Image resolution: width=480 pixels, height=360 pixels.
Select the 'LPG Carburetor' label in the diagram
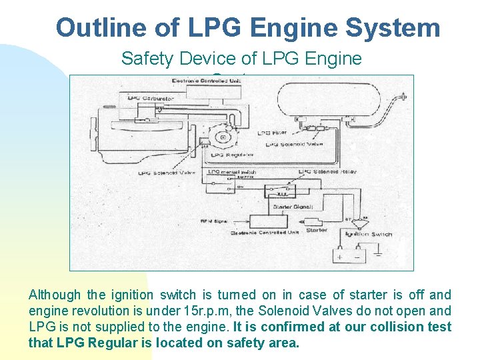[150, 99]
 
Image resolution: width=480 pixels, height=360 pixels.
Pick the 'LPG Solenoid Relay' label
[327, 172]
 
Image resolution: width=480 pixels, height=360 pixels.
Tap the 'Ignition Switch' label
[369, 234]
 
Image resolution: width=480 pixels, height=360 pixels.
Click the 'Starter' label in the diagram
[316, 230]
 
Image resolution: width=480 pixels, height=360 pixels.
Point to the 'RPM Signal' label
[215, 221]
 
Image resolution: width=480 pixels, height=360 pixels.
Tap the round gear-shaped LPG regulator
[221, 137]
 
